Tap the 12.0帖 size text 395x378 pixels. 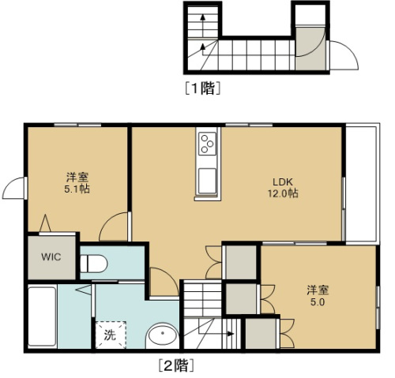coord(282,193)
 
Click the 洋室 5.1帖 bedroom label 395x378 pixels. coord(75,183)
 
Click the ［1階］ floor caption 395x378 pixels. coord(202,88)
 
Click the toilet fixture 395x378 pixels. coord(92,263)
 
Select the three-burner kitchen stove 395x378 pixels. coord(208,144)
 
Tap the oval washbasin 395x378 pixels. coord(163,337)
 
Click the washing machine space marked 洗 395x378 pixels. coord(110,333)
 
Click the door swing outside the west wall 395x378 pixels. coord(14,189)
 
